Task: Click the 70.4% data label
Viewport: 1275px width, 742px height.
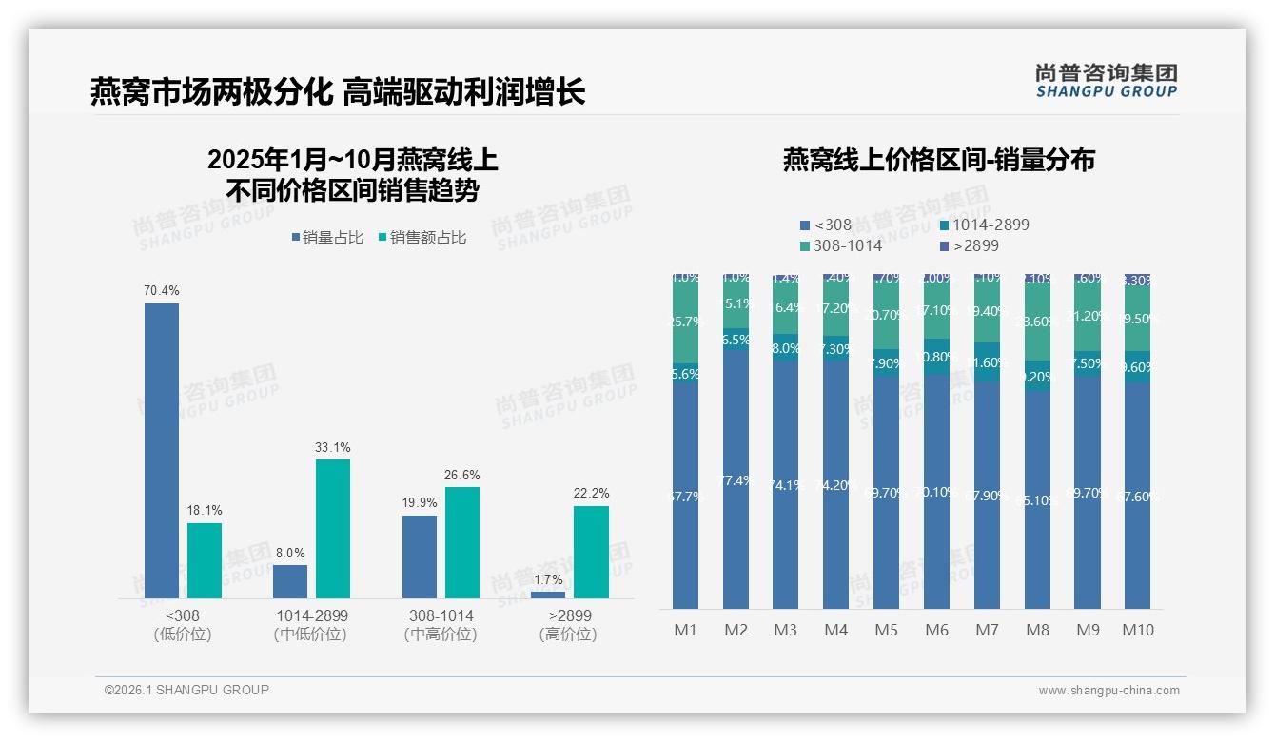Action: [x=162, y=290]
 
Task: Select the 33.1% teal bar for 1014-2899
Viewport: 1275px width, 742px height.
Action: [x=333, y=529]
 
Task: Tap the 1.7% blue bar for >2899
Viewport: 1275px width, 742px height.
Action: [x=548, y=595]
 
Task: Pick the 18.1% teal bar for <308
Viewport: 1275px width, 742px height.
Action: [x=205, y=560]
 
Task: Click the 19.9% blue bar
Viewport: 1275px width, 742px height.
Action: [x=420, y=556]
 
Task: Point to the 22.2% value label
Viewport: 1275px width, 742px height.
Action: [x=591, y=493]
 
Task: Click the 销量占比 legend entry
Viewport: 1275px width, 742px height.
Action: [x=327, y=238]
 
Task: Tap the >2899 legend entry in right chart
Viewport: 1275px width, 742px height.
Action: [x=970, y=245]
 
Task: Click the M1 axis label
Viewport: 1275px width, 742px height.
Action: [x=685, y=630]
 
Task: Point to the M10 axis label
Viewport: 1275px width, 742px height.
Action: [x=1137, y=630]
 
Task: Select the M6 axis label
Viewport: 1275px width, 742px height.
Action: [x=936, y=630]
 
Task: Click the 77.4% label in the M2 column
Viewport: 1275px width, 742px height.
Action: [x=736, y=480]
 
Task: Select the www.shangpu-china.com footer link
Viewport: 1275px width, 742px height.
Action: [x=1108, y=691]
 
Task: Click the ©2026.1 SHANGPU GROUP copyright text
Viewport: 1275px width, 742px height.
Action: [x=186, y=690]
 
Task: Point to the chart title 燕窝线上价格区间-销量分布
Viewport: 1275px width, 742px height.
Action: [x=938, y=160]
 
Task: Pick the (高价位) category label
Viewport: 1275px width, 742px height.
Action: [x=568, y=635]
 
